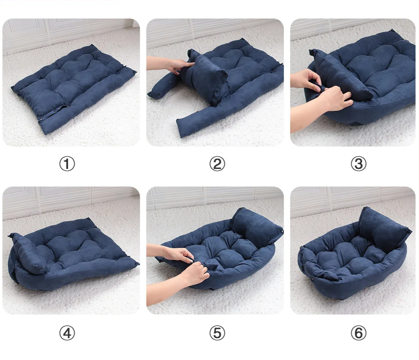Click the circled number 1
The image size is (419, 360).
tap(66, 164)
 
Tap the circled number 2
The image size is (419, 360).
tap(217, 164)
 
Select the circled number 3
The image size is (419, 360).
tap(358, 164)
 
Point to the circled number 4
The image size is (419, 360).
tap(66, 333)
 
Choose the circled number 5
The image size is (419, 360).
tap(217, 333)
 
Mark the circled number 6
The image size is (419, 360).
tap(358, 333)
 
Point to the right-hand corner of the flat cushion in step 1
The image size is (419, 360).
tap(134, 72)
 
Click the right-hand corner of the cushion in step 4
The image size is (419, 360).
tap(136, 263)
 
